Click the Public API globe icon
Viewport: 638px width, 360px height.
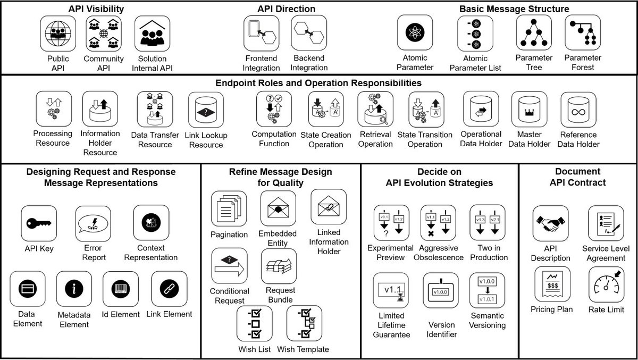[x=58, y=34]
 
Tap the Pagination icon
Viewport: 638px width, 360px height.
[x=229, y=209]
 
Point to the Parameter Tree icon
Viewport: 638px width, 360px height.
[x=534, y=32]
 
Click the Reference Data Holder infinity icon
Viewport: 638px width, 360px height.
[x=578, y=110]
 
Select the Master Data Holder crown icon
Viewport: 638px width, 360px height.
[x=529, y=110]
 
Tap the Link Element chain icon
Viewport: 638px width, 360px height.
[x=169, y=289]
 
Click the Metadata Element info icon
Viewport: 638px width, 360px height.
[x=74, y=289]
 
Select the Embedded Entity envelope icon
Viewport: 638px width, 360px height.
[x=278, y=208]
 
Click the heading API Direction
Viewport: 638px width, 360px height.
[x=286, y=9]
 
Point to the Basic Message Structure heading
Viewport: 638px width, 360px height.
[x=514, y=9]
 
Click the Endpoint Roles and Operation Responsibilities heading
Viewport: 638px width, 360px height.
[x=318, y=83]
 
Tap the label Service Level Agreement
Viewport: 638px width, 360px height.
[x=603, y=253]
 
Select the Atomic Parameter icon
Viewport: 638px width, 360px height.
[x=415, y=32]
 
